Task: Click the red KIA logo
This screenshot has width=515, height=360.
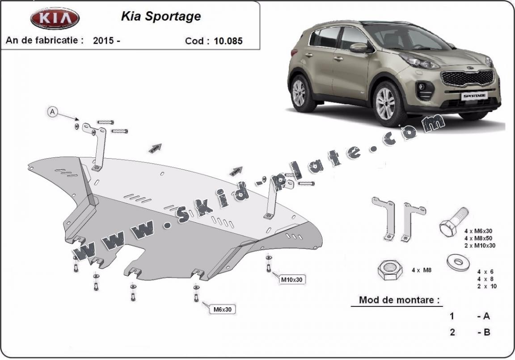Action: (x=55, y=18)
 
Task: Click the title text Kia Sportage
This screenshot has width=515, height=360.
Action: (x=161, y=17)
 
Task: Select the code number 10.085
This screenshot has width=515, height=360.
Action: (x=228, y=41)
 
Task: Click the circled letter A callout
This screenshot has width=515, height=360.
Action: (x=52, y=112)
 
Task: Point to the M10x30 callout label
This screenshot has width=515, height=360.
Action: (x=291, y=280)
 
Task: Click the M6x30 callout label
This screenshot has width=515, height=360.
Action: (x=223, y=309)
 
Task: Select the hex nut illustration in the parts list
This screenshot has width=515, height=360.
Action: (x=390, y=270)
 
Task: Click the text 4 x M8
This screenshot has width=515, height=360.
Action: (x=422, y=270)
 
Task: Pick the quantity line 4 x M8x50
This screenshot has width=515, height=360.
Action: (x=478, y=238)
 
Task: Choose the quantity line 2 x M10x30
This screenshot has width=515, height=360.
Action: (x=480, y=246)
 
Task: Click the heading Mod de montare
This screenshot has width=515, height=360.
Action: (x=399, y=300)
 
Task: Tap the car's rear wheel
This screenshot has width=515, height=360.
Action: (x=300, y=93)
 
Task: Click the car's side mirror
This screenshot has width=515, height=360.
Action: (x=360, y=48)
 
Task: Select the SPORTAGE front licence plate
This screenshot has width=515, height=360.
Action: (x=475, y=95)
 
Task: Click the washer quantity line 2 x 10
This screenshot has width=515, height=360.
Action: (x=487, y=286)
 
